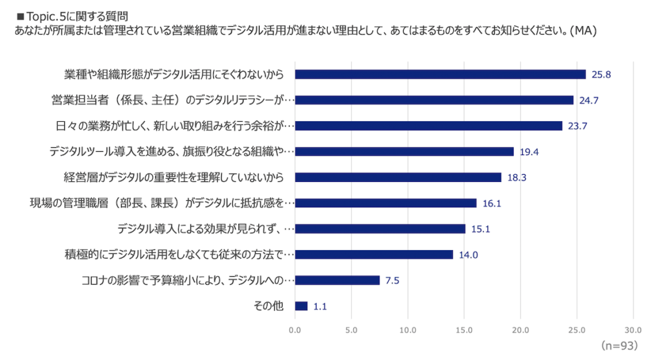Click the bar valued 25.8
[x=440, y=74]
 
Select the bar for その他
[x=301, y=306]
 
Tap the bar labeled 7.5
[x=337, y=280]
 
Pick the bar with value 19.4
[x=404, y=151]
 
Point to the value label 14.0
[x=468, y=255]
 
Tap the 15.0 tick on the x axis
[x=464, y=330]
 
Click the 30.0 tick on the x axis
[x=633, y=330]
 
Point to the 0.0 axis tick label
[x=295, y=330]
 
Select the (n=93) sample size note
[x=618, y=344]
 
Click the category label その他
[x=268, y=306]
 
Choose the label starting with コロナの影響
[x=188, y=280]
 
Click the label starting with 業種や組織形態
[x=174, y=74]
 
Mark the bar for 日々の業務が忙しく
[x=429, y=126]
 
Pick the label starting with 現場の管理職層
[x=162, y=203]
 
